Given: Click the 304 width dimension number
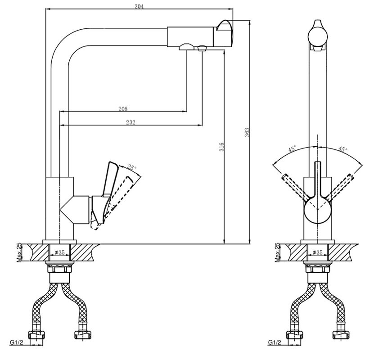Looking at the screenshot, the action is [139, 6].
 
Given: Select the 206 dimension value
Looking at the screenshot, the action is [123, 109].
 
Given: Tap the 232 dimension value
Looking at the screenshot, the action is [131, 122].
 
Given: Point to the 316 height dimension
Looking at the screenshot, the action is [221, 147].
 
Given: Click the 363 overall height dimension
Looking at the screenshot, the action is [247, 132].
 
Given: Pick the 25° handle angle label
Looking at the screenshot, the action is [132, 167].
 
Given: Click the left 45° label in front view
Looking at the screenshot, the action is [292, 149].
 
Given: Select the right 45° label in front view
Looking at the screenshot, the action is [343, 149].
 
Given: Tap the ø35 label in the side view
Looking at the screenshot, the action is [60, 252].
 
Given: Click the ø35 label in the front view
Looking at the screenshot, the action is [317, 252].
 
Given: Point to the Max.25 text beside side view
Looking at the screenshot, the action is [19, 252].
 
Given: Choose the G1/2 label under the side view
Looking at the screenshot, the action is [17, 342].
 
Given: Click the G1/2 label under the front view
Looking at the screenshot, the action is [275, 342].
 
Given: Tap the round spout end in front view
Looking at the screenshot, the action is [318, 36].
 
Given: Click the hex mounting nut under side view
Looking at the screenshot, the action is [60, 270].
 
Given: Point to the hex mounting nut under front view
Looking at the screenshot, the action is [317, 270].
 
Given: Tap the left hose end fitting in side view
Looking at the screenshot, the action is [36, 335].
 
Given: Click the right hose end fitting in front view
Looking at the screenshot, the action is [341, 335].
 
